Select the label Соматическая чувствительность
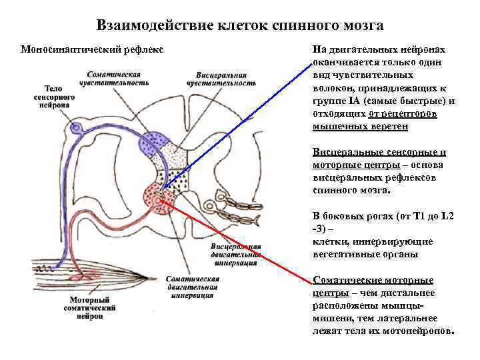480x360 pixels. click(117, 78)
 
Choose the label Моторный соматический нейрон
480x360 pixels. click(89, 308)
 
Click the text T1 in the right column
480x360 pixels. click(419, 216)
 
